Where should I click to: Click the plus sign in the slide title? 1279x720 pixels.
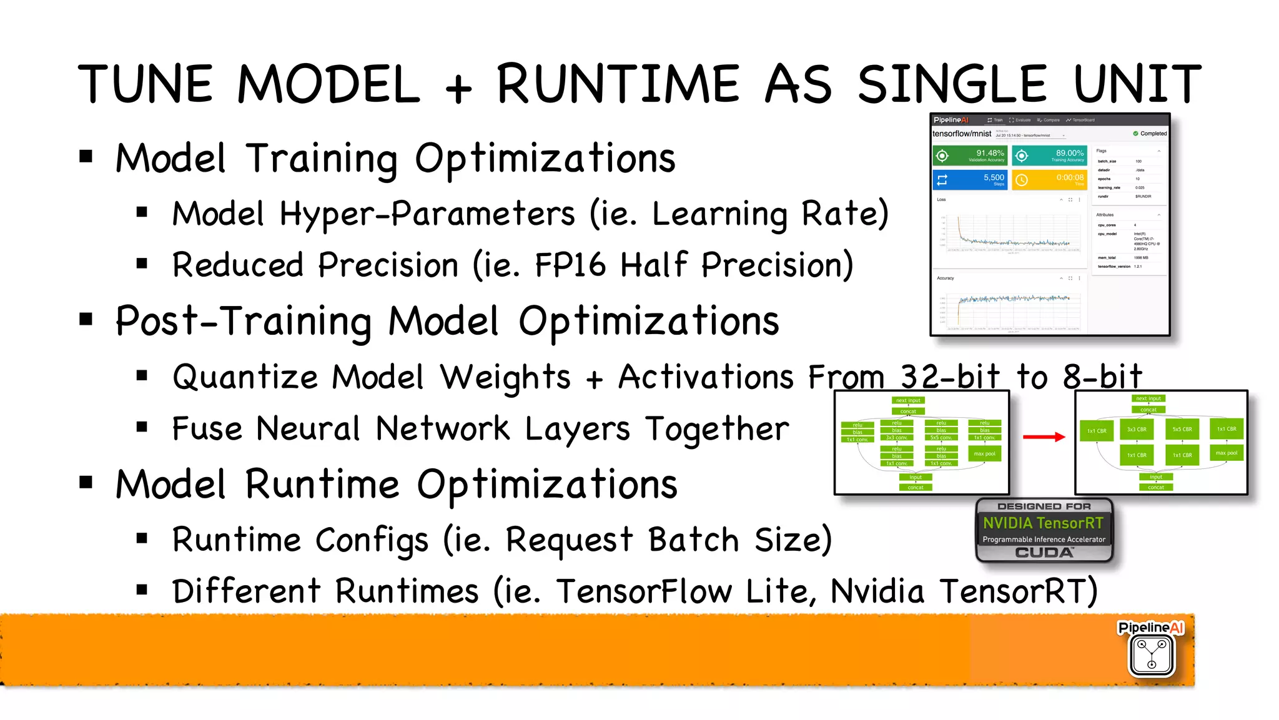click(x=458, y=88)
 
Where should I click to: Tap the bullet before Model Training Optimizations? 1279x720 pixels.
click(x=86, y=157)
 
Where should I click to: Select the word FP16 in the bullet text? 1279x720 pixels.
click(x=570, y=265)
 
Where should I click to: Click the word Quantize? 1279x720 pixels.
click(x=245, y=378)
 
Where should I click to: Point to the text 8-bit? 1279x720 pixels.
click(x=1102, y=377)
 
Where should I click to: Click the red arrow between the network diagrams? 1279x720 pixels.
click(x=1043, y=437)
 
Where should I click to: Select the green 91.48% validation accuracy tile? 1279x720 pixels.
click(x=969, y=155)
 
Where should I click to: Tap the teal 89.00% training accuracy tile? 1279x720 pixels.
click(x=1049, y=155)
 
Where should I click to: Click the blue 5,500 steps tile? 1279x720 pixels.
click(x=969, y=180)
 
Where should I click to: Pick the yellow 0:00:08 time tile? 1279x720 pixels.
click(x=1049, y=180)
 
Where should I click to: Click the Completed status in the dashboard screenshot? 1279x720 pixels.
click(x=1150, y=134)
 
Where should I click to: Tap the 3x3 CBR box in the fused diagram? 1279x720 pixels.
click(x=1137, y=430)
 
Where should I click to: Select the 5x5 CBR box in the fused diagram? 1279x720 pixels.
click(x=1182, y=430)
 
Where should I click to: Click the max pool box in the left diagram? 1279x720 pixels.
click(x=984, y=454)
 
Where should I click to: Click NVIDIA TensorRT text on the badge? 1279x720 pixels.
click(x=1043, y=523)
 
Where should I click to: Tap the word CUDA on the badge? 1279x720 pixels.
click(x=1044, y=553)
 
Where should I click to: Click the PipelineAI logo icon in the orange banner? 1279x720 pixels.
click(x=1152, y=654)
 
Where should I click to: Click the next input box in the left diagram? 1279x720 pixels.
click(x=908, y=400)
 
